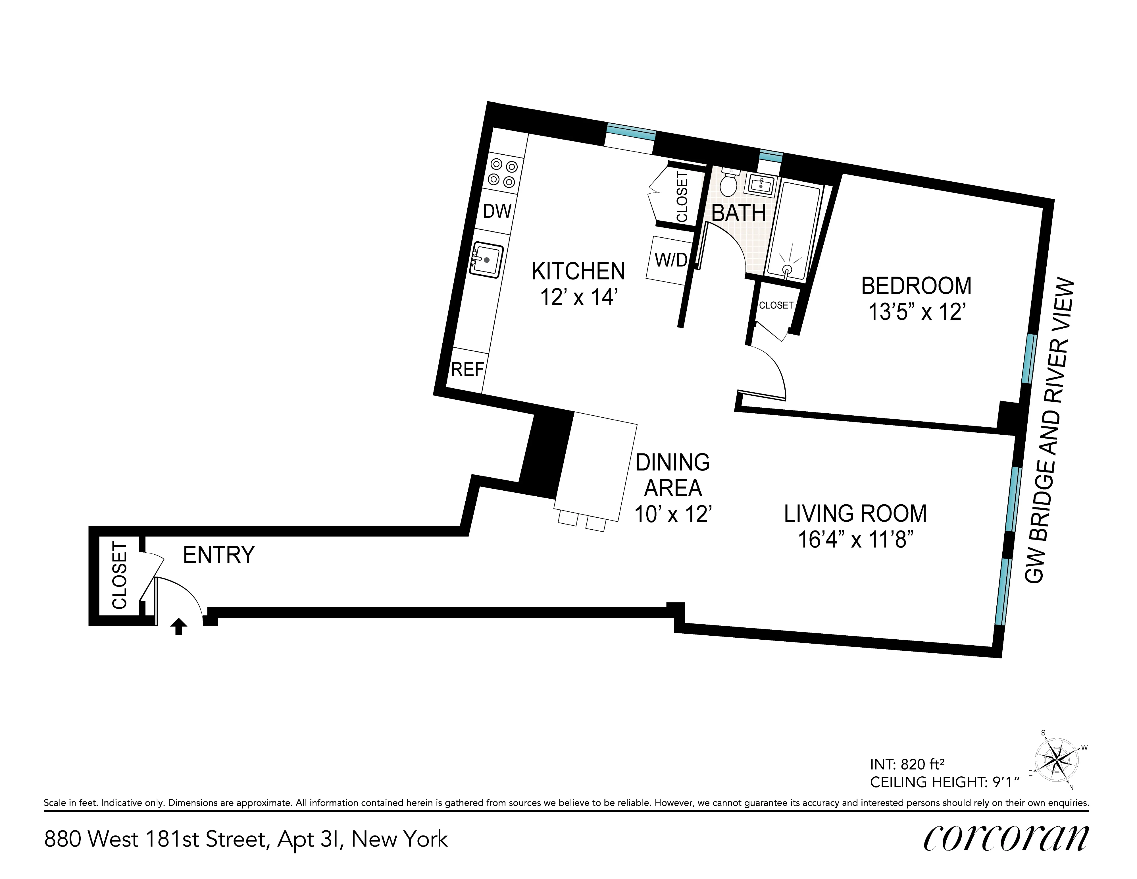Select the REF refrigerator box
(x=467, y=369)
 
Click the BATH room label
(x=738, y=213)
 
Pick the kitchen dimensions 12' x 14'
(x=578, y=298)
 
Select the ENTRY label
(x=219, y=555)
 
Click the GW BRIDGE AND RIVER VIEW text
(x=1048, y=432)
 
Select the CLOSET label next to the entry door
(x=119, y=575)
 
